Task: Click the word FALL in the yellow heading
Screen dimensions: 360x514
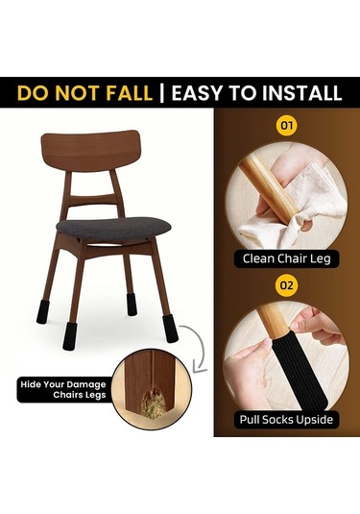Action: tap(130, 93)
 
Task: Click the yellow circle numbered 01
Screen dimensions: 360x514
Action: tap(287, 125)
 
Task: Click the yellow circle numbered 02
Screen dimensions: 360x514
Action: tap(287, 285)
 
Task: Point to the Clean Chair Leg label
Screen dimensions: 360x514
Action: tap(287, 258)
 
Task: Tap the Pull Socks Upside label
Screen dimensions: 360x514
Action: tap(286, 420)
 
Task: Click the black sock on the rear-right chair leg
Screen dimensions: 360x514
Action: tap(132, 305)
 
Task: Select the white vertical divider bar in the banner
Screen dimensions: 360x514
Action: tap(162, 93)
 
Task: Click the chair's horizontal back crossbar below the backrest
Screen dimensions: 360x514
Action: tap(90, 200)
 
